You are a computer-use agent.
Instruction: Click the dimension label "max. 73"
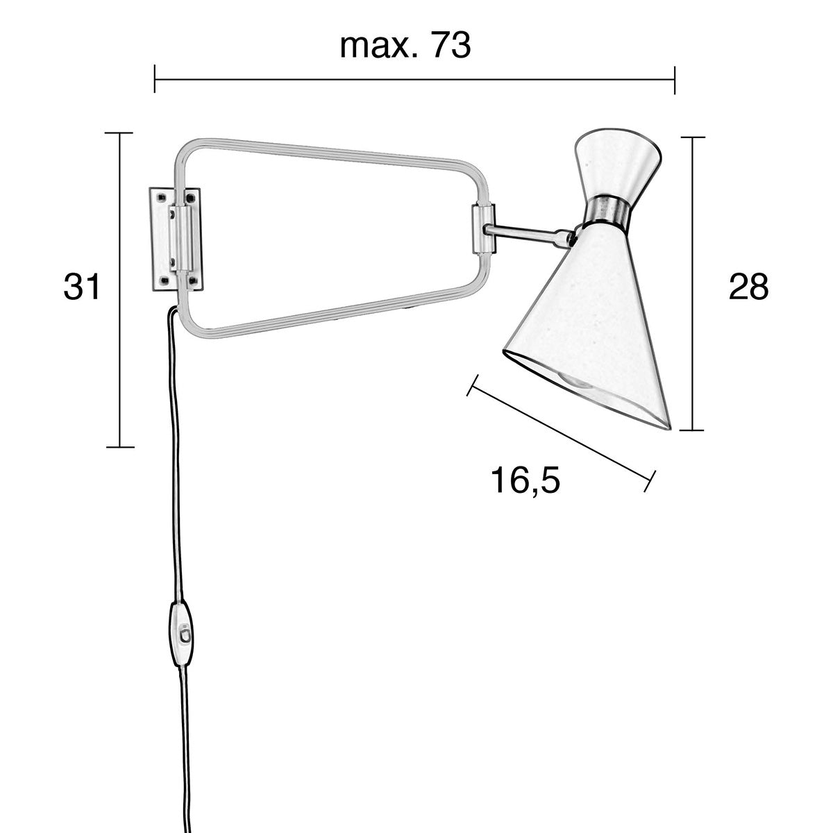pyautogui.click(x=405, y=46)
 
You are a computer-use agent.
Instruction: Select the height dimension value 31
pyautogui.click(x=82, y=287)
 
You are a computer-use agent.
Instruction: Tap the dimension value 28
pyautogui.click(x=748, y=287)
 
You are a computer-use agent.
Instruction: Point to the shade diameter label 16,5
pyautogui.click(x=525, y=480)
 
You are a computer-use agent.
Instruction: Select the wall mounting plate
pyautogui.click(x=176, y=238)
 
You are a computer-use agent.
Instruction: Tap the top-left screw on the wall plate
pyautogui.click(x=162, y=197)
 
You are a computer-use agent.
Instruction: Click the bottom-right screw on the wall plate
pyautogui.click(x=192, y=280)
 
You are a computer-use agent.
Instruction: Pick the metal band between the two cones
pyautogui.click(x=608, y=209)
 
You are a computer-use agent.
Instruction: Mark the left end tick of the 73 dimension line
pyautogui.click(x=155, y=79)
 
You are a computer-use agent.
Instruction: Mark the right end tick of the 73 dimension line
pyautogui.click(x=675, y=79)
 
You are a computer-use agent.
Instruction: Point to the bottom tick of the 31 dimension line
pyautogui.click(x=120, y=447)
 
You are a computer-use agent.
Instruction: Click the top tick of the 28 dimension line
pyautogui.click(x=692, y=137)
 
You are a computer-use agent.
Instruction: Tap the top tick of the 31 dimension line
pyautogui.click(x=120, y=132)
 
